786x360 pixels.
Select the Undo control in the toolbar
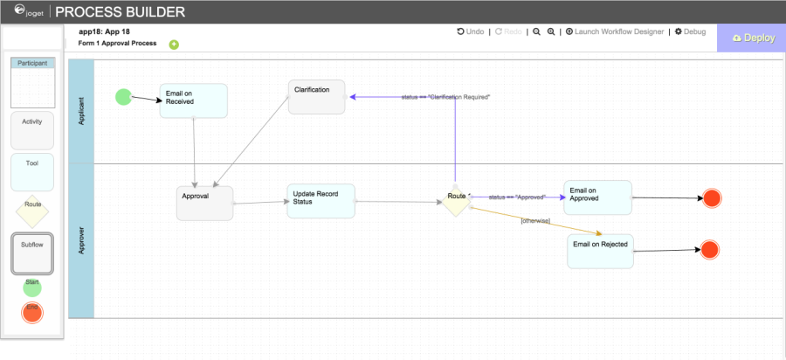click(471, 31)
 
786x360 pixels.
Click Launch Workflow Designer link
click(614, 31)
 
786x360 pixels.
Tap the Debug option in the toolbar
click(690, 31)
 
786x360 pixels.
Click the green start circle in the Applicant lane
click(124, 96)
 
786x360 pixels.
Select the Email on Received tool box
click(193, 100)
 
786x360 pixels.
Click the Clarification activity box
click(316, 96)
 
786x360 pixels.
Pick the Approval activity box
click(204, 203)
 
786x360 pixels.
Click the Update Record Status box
click(321, 201)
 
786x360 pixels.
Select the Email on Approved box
click(596, 197)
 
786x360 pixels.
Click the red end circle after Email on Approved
click(711, 198)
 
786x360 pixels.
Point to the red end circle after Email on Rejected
click(709, 251)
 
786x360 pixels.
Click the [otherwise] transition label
click(534, 220)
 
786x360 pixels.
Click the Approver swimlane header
click(80, 241)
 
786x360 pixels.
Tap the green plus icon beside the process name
click(174, 45)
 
